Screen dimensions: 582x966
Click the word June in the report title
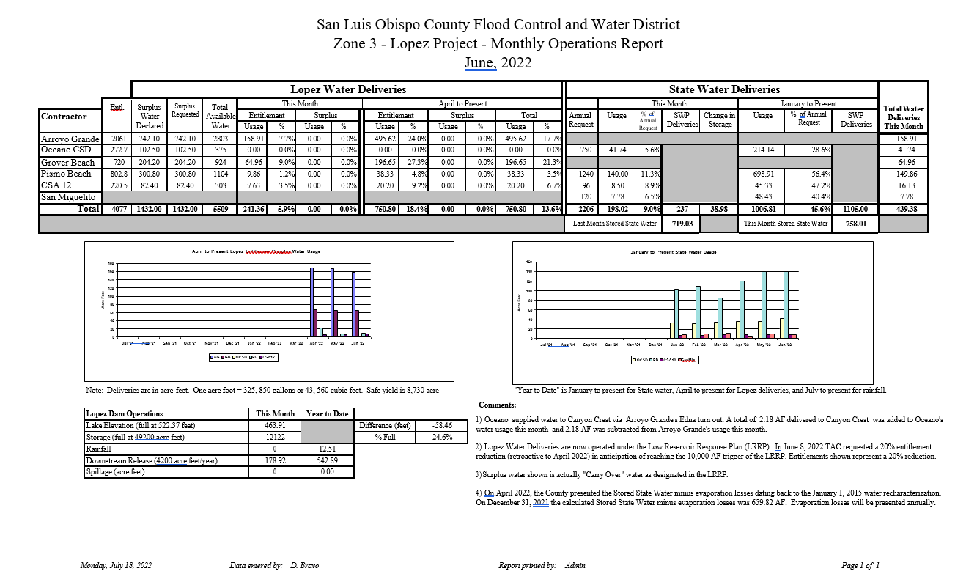pos(480,63)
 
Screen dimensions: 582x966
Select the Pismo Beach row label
pos(67,174)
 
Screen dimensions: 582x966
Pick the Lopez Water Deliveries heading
pos(348,89)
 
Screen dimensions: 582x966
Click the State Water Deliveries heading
pos(724,89)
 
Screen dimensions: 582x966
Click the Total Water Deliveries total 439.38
pos(902,209)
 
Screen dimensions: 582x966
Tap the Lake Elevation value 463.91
pos(275,425)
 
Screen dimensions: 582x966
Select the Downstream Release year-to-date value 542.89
pos(328,460)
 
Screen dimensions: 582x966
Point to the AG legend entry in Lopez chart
pos(215,357)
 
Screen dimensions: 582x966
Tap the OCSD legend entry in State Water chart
pos(640,360)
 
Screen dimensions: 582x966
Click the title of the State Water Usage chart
pos(674,252)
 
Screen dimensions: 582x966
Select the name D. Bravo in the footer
pos(304,566)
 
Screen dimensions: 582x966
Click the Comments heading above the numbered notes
pos(498,405)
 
